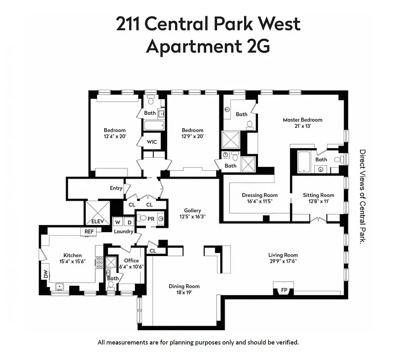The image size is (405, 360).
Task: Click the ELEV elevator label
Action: pos(98,221)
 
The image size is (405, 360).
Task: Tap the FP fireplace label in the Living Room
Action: pos(284,290)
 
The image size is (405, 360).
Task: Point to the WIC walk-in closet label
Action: pos(152,142)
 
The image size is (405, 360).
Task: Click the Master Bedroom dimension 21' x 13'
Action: pos(302,126)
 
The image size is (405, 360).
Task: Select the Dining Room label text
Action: pos(184,286)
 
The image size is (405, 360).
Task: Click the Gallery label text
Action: pos(192,211)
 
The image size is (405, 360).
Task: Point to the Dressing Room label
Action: pos(259,195)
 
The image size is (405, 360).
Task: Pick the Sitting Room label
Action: pos(318,195)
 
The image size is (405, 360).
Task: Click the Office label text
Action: pos(131,261)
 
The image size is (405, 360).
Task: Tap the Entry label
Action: pos(116,188)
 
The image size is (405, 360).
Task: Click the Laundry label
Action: pos(124,232)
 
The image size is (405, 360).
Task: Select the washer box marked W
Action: pos(117,222)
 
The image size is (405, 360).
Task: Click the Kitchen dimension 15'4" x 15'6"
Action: pos(72,261)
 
